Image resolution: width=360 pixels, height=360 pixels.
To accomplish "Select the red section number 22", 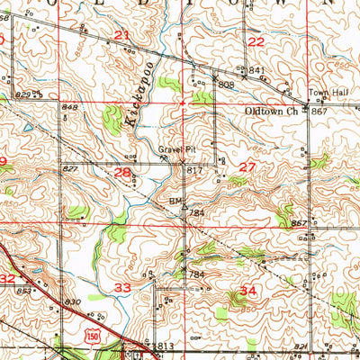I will tap(256, 41).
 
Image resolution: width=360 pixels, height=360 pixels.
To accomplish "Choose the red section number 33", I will tap(122, 286).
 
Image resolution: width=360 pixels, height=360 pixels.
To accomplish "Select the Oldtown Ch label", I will tap(270, 112).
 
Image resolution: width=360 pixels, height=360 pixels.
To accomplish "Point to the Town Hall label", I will tap(322, 92).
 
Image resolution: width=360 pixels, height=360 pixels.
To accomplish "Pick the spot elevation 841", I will tap(256, 70).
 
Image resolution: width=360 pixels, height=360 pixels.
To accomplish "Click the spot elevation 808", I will tap(225, 85).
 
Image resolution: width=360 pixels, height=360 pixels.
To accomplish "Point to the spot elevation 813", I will tap(165, 346).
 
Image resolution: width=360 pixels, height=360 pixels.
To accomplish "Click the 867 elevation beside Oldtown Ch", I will tap(318, 112).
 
